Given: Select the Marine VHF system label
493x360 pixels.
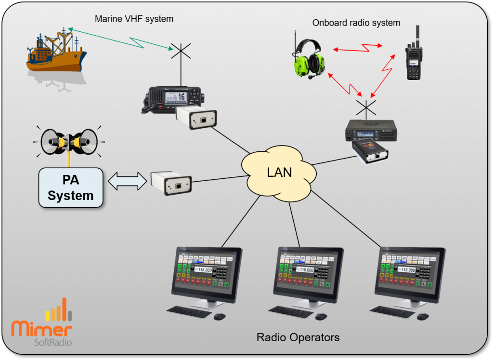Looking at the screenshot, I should (x=134, y=19).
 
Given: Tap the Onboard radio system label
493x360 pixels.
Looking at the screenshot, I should (x=356, y=23).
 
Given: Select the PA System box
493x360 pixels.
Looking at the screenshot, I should (x=71, y=187).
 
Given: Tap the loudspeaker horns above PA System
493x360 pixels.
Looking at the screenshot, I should (x=69, y=141).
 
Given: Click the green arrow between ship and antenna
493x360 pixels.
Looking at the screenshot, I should (x=120, y=39).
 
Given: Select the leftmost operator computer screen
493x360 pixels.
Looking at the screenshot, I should (x=207, y=272).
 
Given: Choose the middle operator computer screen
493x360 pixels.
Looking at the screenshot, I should (x=311, y=272).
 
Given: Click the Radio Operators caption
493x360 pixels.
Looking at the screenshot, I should (x=298, y=337).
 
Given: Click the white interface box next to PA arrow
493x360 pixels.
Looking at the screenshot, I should (x=171, y=183).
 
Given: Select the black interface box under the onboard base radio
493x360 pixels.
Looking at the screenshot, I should (x=370, y=150).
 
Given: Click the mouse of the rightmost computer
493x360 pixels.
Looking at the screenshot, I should (x=423, y=316).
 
